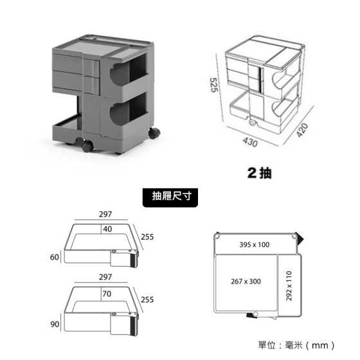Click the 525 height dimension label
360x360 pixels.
pyautogui.click(x=214, y=85)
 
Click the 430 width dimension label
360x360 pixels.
pyautogui.click(x=250, y=142)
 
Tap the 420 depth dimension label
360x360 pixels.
pyautogui.click(x=302, y=130)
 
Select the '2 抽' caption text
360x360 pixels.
pyautogui.click(x=260, y=173)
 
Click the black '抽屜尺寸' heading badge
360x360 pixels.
pyautogui.click(x=170, y=197)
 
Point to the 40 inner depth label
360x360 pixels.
pyautogui.click(x=107, y=229)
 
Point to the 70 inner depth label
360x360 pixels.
pyautogui.click(x=107, y=294)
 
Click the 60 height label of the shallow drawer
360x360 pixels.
pyautogui.click(x=55, y=257)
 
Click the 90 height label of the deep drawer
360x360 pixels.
pyautogui.click(x=55, y=324)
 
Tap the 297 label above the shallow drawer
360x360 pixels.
pyautogui.click(x=105, y=214)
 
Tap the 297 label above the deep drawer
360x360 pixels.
pyautogui.click(x=105, y=277)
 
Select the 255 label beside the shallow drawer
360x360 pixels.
pyautogui.click(x=147, y=237)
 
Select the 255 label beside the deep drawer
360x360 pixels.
pyautogui.click(x=147, y=300)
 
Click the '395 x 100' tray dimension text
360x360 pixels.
pyautogui.click(x=255, y=244)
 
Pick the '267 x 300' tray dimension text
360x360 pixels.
pyautogui.click(x=246, y=282)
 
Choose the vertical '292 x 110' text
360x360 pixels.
pyautogui.click(x=289, y=286)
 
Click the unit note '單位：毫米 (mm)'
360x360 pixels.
pyautogui.click(x=296, y=345)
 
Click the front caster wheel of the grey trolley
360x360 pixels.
pyautogui.click(x=87, y=146)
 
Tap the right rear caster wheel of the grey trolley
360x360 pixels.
pyautogui.click(x=154, y=133)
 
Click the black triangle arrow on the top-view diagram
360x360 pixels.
pyautogui.click(x=300, y=239)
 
